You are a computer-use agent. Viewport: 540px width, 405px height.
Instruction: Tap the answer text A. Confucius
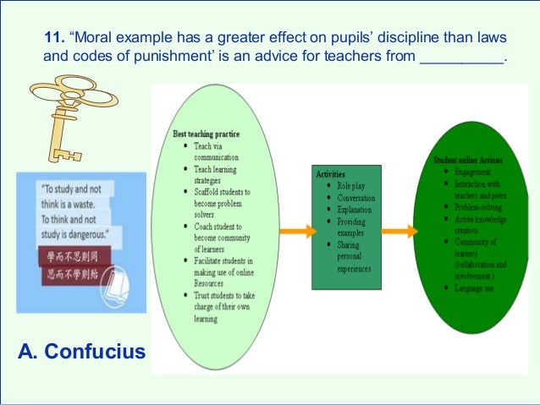click(x=81, y=350)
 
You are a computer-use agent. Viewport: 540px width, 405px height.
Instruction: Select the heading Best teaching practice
click(x=207, y=134)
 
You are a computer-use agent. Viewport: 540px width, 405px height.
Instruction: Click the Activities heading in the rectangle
click(x=331, y=173)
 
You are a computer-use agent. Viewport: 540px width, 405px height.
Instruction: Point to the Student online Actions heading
click(x=468, y=158)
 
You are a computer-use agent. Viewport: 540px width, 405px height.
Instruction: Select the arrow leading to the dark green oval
click(x=399, y=231)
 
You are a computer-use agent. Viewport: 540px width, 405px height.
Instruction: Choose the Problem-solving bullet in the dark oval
click(x=477, y=205)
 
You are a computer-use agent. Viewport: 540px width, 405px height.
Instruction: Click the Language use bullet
click(x=472, y=289)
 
